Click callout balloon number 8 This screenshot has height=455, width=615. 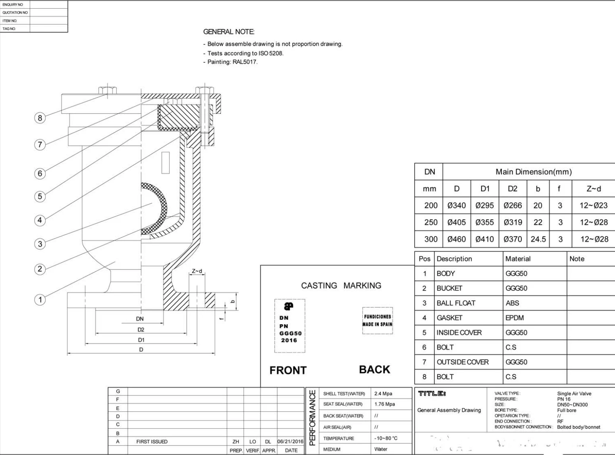coord(40,118)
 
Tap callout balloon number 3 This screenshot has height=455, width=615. coord(40,244)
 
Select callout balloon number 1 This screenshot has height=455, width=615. coord(40,300)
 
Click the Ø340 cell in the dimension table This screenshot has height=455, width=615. coord(457,205)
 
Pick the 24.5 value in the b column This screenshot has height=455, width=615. coord(538,239)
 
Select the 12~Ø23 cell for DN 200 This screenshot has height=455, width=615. coord(594,205)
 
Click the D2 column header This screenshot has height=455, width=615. coord(513,189)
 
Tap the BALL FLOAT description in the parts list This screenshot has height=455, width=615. coord(456,303)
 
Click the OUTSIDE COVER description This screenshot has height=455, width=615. coord(463,362)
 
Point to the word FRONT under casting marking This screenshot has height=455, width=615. coord(288,370)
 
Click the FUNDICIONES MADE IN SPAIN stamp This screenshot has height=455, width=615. coord(377,320)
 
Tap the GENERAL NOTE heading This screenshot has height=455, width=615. coord(229,32)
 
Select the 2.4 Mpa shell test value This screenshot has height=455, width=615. coord(383,394)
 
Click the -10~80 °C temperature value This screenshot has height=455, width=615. coord(386,438)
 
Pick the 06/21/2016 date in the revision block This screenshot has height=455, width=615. coord(290,441)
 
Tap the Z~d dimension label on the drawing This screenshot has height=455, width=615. coord(197,271)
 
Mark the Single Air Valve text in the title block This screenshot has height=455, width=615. coord(574,394)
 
